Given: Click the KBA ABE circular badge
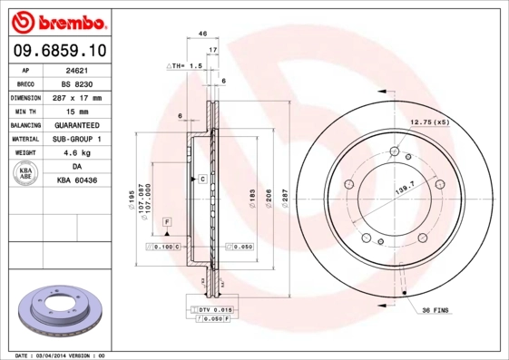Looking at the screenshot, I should click(x=26, y=174).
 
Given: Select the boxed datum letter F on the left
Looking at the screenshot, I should click(x=167, y=222).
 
